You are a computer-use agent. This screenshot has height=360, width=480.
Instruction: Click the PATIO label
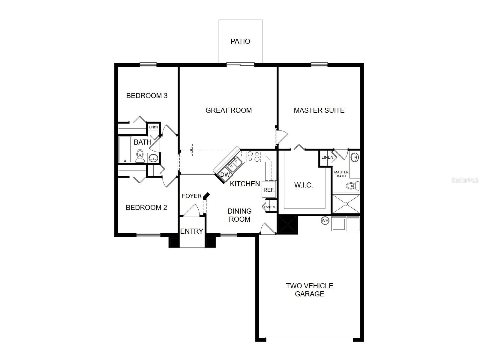pyautogui.click(x=240, y=41)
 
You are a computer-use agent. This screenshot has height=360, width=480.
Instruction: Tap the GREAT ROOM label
pyautogui.click(x=229, y=110)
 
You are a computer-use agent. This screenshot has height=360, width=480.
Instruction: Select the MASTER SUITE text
pyautogui.click(x=319, y=110)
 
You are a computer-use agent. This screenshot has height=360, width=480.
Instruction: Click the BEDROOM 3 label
pyautogui.click(x=147, y=95)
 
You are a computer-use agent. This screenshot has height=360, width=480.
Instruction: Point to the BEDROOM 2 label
pyautogui.click(x=146, y=207)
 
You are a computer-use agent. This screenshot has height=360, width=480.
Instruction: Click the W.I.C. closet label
pyautogui.click(x=304, y=185)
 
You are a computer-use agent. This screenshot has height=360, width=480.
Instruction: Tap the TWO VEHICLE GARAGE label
pyautogui.click(x=309, y=289)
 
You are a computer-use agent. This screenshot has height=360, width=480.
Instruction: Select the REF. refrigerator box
pyautogui.click(x=269, y=189)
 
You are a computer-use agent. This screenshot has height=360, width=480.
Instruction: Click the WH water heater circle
pyautogui.click(x=325, y=220)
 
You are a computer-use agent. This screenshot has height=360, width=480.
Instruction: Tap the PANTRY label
pyautogui.click(x=270, y=207)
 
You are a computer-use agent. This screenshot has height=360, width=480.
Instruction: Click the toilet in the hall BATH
pyautogui.click(x=139, y=156)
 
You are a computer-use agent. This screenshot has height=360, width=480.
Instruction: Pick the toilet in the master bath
pyautogui.click(x=352, y=186)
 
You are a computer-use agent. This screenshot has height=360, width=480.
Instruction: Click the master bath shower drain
pyautogui.click(x=346, y=204)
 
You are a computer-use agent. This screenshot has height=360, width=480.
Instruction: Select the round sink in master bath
pyautogui.click(x=355, y=157)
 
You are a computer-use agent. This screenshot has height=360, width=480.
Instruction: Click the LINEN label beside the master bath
pyautogui.click(x=327, y=157)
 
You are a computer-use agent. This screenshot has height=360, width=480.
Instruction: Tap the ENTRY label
pyautogui.click(x=192, y=231)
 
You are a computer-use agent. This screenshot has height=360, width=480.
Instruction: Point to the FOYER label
pyautogui.click(x=192, y=196)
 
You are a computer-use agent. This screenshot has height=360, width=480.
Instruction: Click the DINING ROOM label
pyautogui.click(x=239, y=215)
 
